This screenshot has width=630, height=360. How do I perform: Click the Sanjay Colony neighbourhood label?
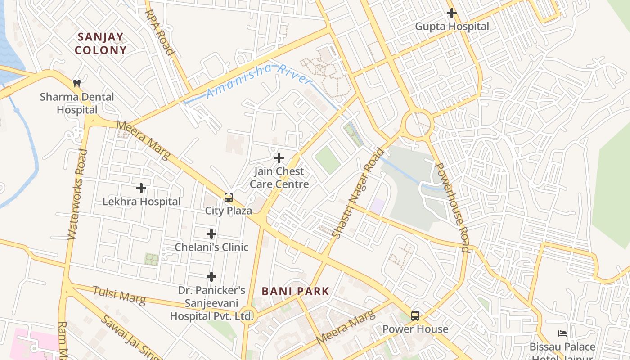100,43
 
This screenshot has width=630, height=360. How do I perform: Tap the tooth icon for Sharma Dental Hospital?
77,83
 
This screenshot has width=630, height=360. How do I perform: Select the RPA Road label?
159,32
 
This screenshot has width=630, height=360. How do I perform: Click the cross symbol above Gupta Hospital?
451,13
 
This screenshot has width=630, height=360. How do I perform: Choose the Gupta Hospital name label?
451,27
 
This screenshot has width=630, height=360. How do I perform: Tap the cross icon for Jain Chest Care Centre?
279,158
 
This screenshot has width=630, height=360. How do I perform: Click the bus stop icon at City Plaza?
229,198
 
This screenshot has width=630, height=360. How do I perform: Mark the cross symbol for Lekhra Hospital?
141,188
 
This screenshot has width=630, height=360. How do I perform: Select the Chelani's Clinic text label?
211,247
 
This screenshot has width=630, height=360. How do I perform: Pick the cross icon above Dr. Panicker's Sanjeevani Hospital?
211,277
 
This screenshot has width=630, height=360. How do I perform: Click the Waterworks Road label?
77,194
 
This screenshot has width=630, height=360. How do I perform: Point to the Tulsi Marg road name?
119,295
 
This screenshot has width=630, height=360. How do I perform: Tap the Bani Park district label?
296,291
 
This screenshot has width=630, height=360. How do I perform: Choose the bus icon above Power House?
415,316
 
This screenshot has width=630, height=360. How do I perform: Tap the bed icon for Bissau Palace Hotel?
562,333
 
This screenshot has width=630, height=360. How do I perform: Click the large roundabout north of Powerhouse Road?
418,124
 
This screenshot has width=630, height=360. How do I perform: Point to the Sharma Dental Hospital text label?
77,103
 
